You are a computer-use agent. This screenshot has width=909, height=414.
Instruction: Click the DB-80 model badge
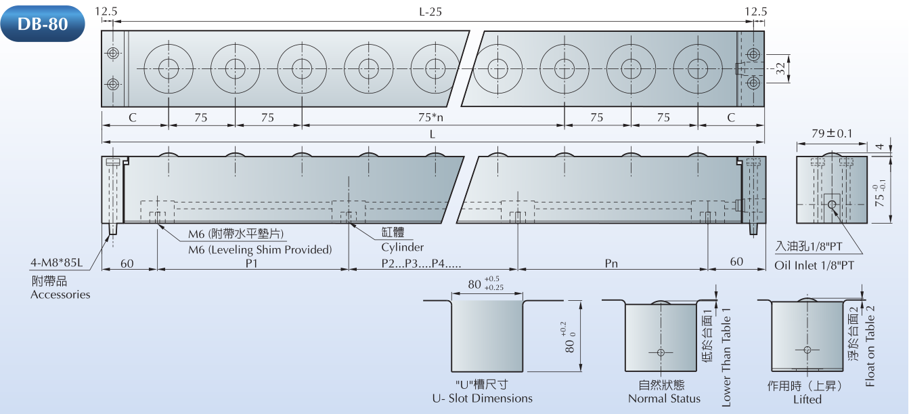pyautogui.click(x=43, y=24)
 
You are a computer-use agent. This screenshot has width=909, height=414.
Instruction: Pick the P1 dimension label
pyautogui.click(x=252, y=262)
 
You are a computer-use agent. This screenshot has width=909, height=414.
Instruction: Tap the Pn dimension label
pyautogui.click(x=611, y=262)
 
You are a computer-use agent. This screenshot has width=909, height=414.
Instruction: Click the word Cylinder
pyautogui.click(x=402, y=247)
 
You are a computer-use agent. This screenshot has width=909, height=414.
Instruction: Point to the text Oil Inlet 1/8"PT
pyautogui.click(x=814, y=265)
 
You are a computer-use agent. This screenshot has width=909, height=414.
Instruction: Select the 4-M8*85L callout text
pyautogui.click(x=56, y=262)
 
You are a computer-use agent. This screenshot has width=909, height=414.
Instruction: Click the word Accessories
pyautogui.click(x=60, y=294)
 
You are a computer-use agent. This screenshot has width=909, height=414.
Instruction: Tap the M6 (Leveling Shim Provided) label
pyautogui.click(x=260, y=249)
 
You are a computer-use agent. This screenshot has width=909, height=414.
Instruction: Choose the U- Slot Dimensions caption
pyautogui.click(x=482, y=398)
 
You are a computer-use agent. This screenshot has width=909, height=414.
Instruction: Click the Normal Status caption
pyautogui.click(x=664, y=398)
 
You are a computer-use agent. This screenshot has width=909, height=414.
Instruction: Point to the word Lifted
pyautogui.click(x=807, y=399)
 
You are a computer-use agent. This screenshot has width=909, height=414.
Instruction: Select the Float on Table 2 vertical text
pyautogui.click(x=870, y=346)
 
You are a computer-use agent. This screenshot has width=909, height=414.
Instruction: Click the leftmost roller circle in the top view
pyautogui.click(x=169, y=68)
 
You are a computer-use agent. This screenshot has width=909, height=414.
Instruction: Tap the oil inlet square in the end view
pyautogui.click(x=831, y=203)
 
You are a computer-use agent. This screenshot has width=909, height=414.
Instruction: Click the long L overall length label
pyautogui.click(x=432, y=134)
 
